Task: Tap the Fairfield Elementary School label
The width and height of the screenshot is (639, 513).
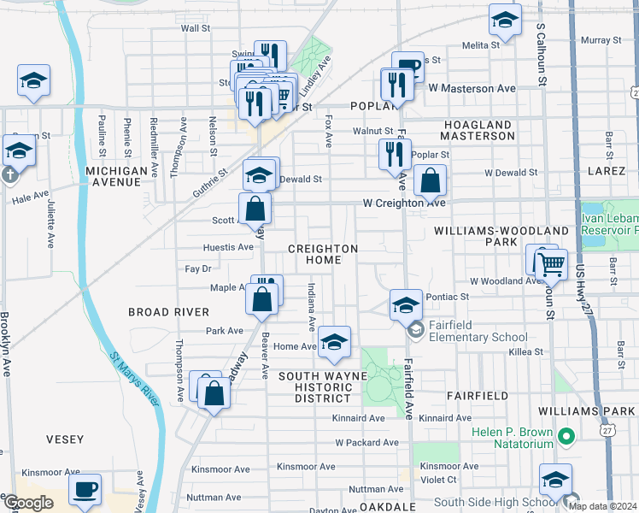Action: (478, 337)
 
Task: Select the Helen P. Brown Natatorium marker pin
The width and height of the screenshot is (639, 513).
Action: (565, 439)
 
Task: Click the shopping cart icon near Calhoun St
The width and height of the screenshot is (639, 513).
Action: (551, 266)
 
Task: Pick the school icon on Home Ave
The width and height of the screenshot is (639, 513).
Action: (335, 343)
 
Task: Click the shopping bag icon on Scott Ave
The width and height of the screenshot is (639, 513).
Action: (255, 209)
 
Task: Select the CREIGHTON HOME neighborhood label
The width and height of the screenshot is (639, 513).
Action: (322, 254)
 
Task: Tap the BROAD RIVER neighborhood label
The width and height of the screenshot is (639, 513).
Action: (169, 312)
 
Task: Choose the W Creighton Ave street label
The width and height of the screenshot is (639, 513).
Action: (404, 203)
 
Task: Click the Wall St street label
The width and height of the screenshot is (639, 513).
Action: (195, 28)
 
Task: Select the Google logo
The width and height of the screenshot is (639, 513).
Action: (27, 502)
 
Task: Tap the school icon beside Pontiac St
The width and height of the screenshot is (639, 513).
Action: (407, 304)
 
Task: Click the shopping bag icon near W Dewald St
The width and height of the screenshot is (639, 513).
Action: (431, 181)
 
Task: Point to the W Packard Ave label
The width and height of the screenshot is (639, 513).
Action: (366, 443)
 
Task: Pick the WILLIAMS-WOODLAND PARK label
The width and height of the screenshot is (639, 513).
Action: (501, 237)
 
